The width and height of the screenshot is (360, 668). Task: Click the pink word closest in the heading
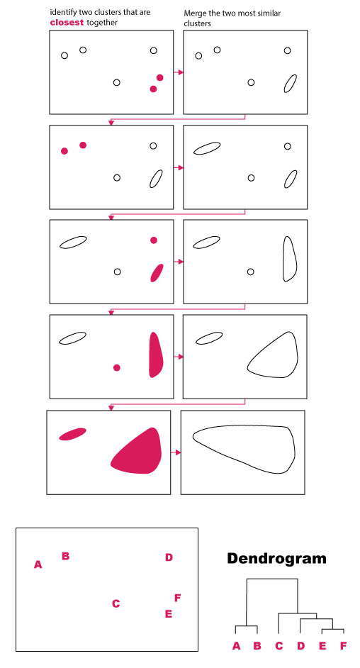click(x=67, y=23)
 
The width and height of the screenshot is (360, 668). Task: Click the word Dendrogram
click(x=276, y=558)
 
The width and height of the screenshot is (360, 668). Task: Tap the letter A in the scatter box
click(x=38, y=564)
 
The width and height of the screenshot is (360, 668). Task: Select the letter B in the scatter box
click(x=65, y=556)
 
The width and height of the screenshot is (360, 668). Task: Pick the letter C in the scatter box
click(x=116, y=603)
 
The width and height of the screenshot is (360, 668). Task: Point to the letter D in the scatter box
click(x=169, y=557)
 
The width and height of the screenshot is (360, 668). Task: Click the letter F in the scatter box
click(x=178, y=598)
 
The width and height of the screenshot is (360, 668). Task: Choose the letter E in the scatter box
click(x=169, y=614)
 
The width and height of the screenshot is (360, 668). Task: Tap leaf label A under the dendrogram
click(x=236, y=646)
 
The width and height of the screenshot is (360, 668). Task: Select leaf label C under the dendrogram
click(x=279, y=646)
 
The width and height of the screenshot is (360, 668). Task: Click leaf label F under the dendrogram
click(x=343, y=646)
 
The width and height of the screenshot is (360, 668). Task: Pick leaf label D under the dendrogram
click(x=301, y=646)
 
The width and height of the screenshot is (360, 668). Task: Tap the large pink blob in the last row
click(x=138, y=452)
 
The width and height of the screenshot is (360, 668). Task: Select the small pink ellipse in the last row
click(x=72, y=434)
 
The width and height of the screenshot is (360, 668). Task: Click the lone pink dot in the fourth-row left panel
click(x=117, y=367)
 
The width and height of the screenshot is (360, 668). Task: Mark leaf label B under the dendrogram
click(x=257, y=646)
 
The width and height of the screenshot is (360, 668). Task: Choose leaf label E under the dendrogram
click(x=322, y=646)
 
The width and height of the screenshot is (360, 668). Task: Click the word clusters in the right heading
click(x=197, y=24)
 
